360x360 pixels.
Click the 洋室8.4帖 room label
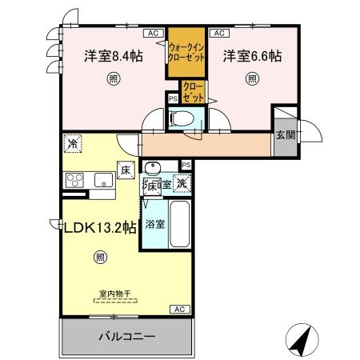(x=114, y=56)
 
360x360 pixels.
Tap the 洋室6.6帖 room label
(x=252, y=56)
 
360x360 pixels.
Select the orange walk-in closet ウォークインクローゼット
(x=186, y=52)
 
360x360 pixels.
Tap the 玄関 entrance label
(x=285, y=133)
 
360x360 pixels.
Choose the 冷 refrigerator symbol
(x=73, y=145)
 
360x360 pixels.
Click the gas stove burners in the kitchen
(x=74, y=179)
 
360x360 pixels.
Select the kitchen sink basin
(x=102, y=181)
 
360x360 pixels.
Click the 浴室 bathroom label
(x=156, y=224)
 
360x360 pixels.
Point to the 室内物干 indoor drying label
(x=115, y=294)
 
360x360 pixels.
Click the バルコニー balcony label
(x=127, y=337)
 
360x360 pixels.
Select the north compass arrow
(x=299, y=341)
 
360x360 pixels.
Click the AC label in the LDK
(x=179, y=310)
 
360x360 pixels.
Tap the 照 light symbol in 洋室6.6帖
(x=252, y=78)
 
